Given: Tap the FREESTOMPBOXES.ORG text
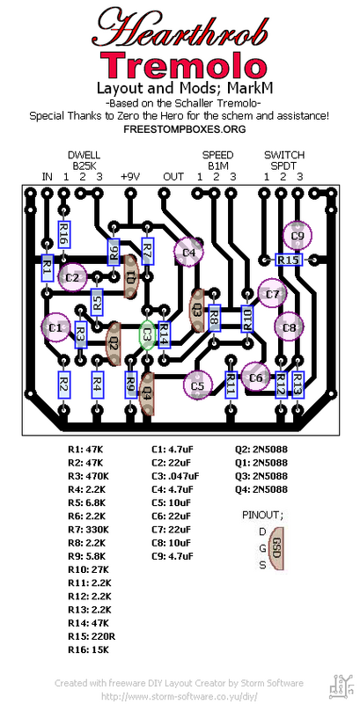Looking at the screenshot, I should pos(179,128).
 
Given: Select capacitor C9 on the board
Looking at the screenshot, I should pos(298,235).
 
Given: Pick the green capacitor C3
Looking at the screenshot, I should pos(149,335).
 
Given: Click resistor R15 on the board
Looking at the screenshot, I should pos(288,260).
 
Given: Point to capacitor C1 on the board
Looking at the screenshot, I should pos(55,327).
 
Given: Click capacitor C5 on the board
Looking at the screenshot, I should pos(197,385).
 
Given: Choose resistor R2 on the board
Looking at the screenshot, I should pos(63,384).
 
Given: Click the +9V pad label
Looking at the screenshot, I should pos(130,176).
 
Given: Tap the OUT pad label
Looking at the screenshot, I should pos(173,176).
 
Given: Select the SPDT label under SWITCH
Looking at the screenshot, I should pos(283,165).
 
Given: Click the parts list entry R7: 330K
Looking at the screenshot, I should pos(88,529).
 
